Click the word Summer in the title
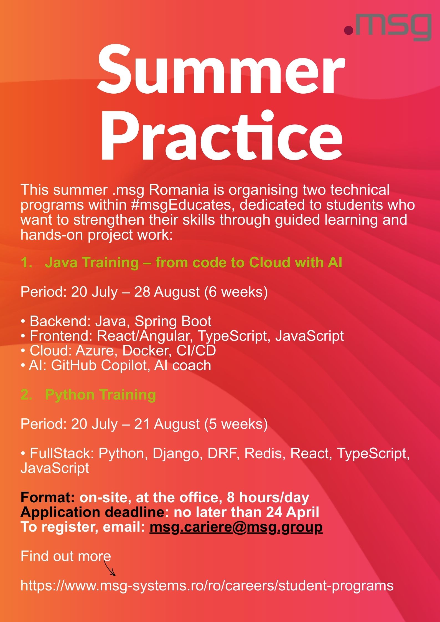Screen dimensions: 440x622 [x=221, y=71]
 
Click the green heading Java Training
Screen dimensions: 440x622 [x=91, y=262]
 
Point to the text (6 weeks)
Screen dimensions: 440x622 [x=236, y=291]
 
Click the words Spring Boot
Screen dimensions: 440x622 [x=173, y=321]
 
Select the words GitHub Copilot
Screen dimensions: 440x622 [x=101, y=365]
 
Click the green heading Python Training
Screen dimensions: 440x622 [x=100, y=395]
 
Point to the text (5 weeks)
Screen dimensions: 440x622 [x=236, y=424]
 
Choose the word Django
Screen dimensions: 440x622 [x=176, y=454]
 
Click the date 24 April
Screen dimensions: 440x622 [x=293, y=512]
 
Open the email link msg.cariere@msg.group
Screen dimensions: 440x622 [x=236, y=527]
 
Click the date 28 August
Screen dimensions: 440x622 [x=167, y=292]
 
